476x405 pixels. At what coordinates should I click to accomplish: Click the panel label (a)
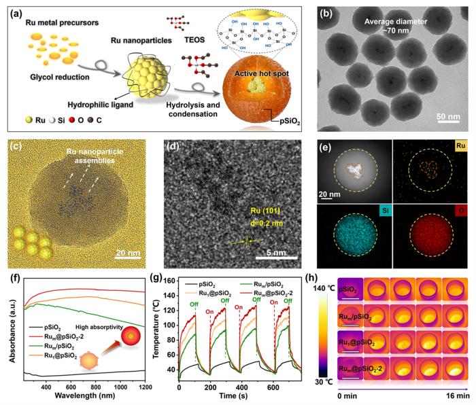pos(15,9)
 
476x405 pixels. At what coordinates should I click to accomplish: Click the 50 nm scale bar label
pos(446,116)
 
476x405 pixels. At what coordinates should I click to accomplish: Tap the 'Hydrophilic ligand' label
pos(95,106)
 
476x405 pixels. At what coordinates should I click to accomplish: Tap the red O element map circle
pos(432,230)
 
